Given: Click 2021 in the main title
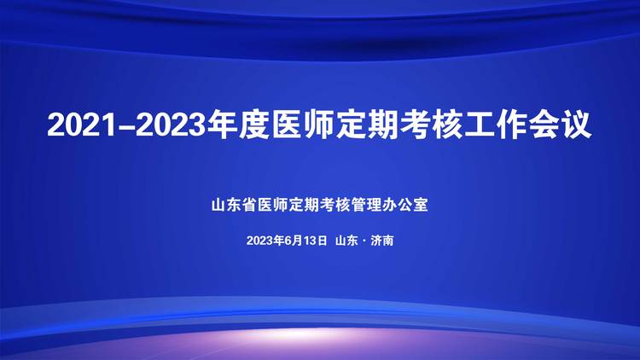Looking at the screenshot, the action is click(82, 125).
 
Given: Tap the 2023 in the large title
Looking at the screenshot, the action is click(170, 125).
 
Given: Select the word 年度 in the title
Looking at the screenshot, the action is click(236, 125).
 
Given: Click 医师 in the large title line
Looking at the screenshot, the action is click(301, 125).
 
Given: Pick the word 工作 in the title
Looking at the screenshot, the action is click(496, 125).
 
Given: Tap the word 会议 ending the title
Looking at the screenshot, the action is click(561, 125).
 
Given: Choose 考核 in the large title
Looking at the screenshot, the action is click(431, 125).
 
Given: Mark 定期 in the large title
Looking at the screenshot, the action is click(366, 125).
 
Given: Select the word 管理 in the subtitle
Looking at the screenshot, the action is click(366, 205).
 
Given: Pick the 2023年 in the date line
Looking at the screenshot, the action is click(265, 241).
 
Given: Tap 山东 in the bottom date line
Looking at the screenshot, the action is click(346, 241).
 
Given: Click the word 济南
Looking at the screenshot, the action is click(382, 241).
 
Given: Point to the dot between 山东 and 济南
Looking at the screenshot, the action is click(364, 241).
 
